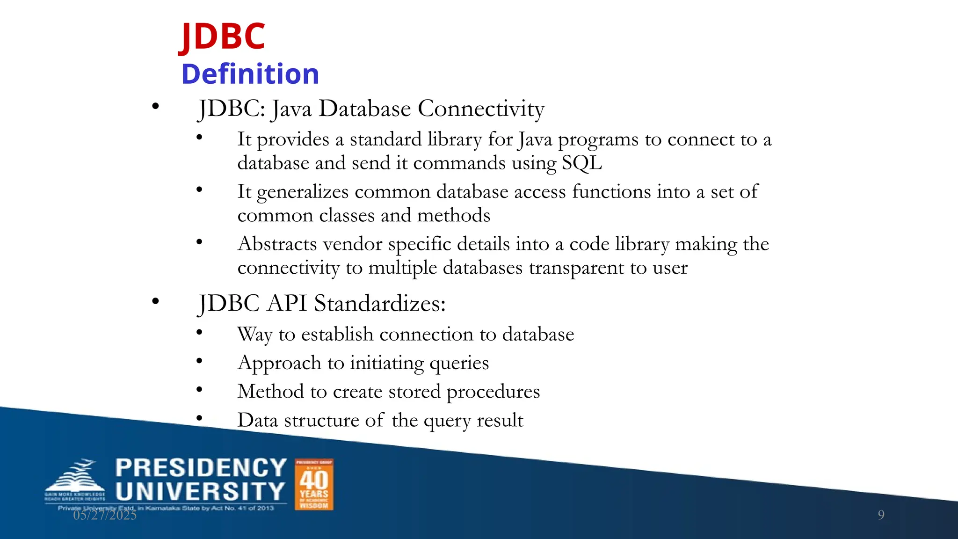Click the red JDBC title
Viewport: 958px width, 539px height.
click(x=223, y=36)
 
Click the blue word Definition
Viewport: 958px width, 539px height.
click(x=250, y=74)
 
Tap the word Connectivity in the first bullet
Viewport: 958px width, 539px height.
click(x=481, y=109)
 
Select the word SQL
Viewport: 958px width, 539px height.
click(x=581, y=163)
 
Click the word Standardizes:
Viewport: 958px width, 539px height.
click(x=379, y=303)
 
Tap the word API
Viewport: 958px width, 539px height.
click(x=287, y=303)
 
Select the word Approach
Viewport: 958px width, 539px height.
click(x=279, y=363)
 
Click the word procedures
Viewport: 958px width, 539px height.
click(x=493, y=392)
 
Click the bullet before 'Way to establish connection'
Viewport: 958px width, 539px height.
click(x=199, y=333)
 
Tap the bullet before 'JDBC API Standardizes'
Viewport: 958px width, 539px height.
click(x=155, y=302)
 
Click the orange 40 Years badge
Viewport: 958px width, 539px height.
click(x=314, y=484)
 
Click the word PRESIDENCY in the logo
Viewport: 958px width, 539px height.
click(x=201, y=468)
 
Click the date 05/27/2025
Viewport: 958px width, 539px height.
click(x=105, y=515)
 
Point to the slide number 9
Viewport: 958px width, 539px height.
click(x=881, y=515)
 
